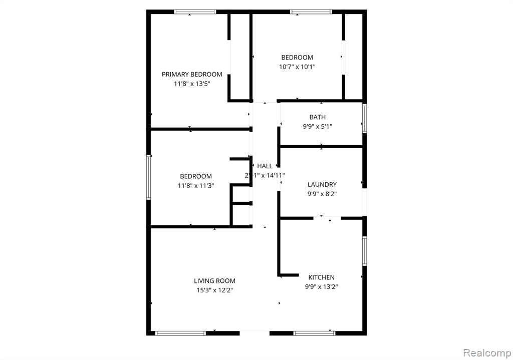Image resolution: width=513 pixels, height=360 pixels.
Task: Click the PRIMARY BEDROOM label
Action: (192, 74)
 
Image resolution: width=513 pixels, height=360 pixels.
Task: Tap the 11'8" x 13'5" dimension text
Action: (192, 84)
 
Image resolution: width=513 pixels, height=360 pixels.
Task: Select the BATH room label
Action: (317, 117)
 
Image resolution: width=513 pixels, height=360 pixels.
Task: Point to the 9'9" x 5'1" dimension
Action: (317, 127)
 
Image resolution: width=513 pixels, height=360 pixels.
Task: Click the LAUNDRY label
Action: (322, 184)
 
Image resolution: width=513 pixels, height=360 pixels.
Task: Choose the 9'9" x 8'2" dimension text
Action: (322, 194)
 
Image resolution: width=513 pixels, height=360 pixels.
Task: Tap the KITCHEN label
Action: (321, 277)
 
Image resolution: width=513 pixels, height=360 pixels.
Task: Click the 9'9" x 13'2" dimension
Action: (321, 287)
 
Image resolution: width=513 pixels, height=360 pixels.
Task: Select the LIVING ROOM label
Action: (214, 281)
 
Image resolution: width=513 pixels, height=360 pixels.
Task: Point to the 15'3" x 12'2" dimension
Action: (214, 290)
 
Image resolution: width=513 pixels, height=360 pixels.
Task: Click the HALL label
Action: (265, 166)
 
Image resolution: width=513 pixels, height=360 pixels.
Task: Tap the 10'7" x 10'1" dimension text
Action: (297, 67)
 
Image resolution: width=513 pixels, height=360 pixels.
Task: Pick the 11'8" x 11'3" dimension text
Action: (196, 186)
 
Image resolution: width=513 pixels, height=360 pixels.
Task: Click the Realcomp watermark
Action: (487, 353)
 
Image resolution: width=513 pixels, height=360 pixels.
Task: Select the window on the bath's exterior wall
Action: (365, 118)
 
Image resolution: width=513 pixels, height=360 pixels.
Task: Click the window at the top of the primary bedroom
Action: (195, 12)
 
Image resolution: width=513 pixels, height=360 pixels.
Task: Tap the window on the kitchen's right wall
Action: (365, 251)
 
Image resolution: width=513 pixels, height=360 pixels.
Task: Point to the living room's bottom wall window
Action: (180, 333)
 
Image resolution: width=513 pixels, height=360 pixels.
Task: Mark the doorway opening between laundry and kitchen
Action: (327, 218)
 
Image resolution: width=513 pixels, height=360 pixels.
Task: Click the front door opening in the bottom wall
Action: (254, 333)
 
